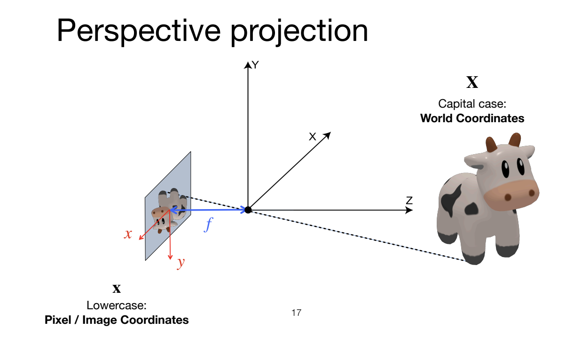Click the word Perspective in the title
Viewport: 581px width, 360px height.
138,31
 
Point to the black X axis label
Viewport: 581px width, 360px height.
312,137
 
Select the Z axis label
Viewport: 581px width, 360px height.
409,201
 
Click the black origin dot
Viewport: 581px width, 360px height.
248,210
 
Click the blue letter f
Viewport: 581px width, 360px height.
208,225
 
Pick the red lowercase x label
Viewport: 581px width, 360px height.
128,234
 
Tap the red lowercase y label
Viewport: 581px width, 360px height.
181,263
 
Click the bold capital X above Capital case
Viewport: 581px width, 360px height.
472,83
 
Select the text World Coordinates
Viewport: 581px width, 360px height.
472,118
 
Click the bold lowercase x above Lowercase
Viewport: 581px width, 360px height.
117,288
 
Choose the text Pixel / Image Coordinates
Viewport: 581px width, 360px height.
117,320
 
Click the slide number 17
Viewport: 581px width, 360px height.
296,313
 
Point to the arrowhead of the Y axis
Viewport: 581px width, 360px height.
248,65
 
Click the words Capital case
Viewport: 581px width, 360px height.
472,103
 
